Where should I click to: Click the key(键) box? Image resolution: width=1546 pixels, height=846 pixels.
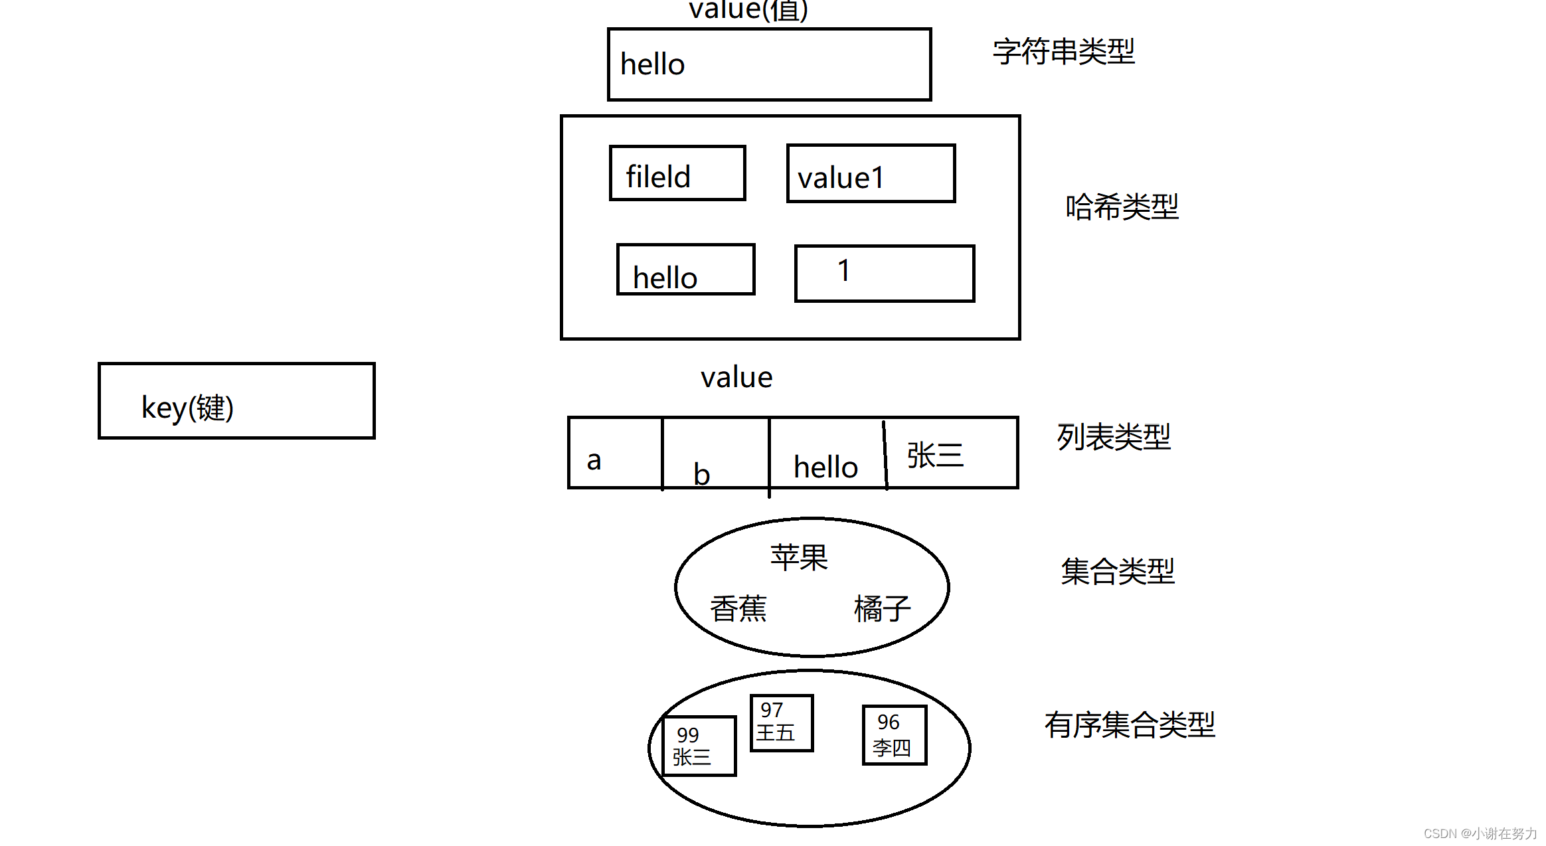click(236, 401)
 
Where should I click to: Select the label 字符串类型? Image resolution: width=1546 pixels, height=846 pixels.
click(1063, 52)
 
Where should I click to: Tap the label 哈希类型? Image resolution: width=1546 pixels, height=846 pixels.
click(1122, 207)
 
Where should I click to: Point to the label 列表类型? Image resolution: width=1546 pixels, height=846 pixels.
click(1114, 437)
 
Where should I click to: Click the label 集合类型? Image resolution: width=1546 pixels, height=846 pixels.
click(1118, 571)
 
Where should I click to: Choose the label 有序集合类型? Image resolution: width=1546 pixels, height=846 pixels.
click(1129, 724)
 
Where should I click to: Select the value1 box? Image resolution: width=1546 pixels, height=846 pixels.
click(871, 174)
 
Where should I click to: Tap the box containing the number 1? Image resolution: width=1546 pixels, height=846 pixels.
click(884, 274)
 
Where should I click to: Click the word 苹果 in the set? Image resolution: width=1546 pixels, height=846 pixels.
click(799, 557)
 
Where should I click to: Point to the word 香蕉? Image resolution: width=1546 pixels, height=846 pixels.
click(738, 608)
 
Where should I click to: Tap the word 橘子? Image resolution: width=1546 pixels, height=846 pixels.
click(882, 608)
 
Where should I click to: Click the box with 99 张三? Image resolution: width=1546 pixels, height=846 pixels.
click(699, 746)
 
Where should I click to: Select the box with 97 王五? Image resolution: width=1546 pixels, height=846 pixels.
click(782, 723)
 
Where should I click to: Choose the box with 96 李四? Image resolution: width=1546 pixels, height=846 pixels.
click(894, 735)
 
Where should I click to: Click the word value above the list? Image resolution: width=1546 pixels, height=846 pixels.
click(736, 378)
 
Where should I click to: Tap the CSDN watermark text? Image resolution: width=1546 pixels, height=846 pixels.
click(1480, 833)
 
